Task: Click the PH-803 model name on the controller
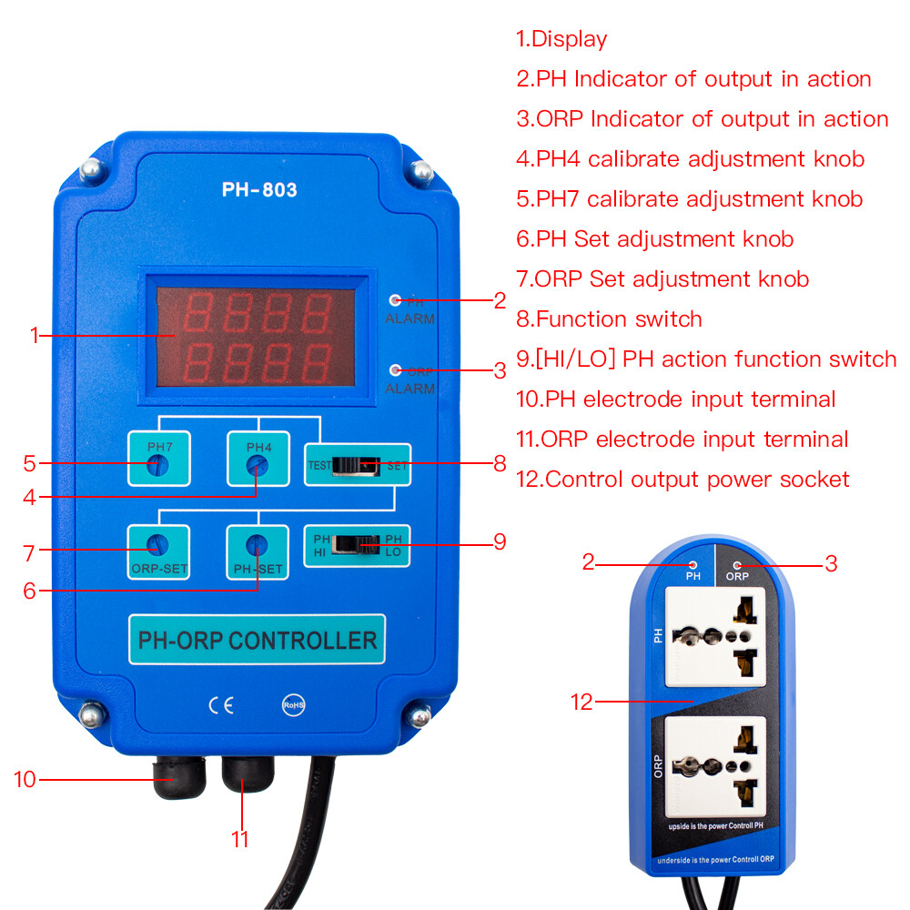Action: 259,190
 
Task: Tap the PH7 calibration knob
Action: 158,466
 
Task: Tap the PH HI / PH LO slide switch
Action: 358,544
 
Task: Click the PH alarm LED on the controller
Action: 395,299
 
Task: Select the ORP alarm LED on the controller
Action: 395,369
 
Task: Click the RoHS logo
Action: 291,705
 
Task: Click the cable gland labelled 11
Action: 248,775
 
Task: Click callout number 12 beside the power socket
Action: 581,702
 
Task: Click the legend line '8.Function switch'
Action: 609,319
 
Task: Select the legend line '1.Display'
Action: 561,39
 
